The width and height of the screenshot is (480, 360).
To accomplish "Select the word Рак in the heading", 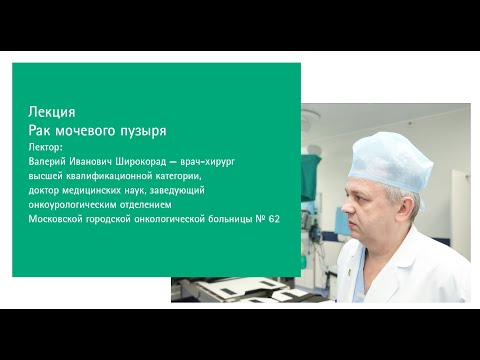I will click(x=42, y=131).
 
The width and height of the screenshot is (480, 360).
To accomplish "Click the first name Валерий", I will click(x=51, y=160).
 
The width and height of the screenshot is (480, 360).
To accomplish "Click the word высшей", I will click(x=49, y=174).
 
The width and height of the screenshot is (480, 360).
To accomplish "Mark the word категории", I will click(x=175, y=174).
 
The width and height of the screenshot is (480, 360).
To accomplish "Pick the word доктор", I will click(x=49, y=188).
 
